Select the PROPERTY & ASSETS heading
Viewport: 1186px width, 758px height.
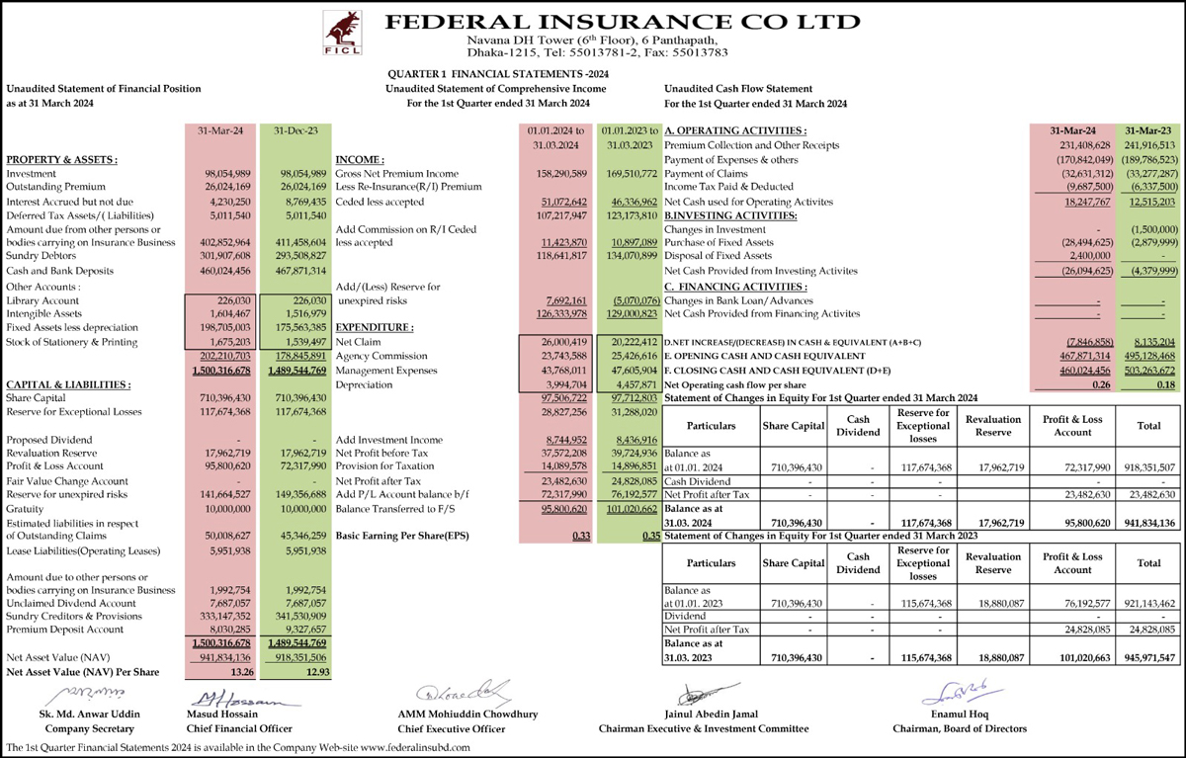[61, 159]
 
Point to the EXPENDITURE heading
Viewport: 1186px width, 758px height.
[375, 327]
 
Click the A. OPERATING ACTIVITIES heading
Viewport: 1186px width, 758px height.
[735, 130]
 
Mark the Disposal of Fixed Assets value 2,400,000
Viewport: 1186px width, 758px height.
[1066, 255]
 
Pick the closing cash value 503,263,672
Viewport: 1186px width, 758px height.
[1148, 370]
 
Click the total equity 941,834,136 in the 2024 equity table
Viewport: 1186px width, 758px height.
[1148, 524]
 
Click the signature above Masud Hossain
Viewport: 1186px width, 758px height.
[231, 700]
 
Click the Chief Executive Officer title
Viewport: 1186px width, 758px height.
[448, 728]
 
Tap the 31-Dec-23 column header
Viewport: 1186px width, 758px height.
[292, 130]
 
